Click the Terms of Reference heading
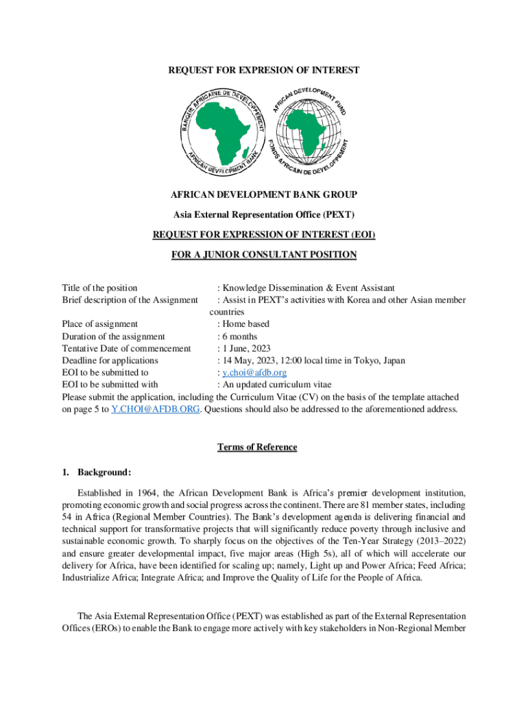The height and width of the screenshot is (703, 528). (257, 448)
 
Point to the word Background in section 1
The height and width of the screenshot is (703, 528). (104, 472)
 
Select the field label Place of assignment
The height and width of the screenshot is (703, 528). (100, 324)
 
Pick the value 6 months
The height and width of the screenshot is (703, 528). (239, 336)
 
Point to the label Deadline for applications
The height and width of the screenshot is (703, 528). (110, 360)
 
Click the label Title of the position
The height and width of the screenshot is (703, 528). (99, 288)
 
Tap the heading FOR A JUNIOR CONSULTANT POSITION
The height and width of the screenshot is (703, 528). (264, 255)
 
